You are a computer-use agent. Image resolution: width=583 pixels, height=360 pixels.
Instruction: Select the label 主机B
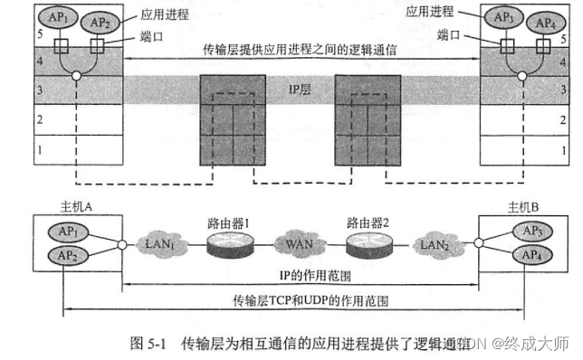[x=523, y=207]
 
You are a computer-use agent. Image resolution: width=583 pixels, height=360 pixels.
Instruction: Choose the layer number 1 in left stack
[x=38, y=149]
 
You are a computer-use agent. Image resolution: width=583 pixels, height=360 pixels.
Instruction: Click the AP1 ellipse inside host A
[x=70, y=231]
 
